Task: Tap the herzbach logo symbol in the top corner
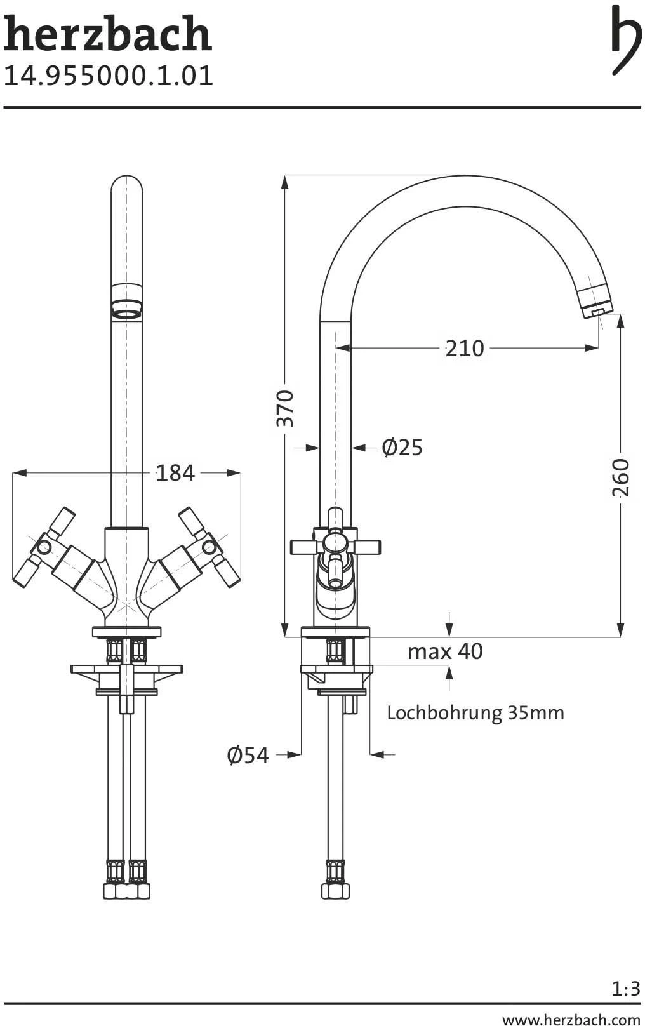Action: click(625, 40)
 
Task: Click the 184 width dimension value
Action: click(175, 473)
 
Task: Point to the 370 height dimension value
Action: click(286, 409)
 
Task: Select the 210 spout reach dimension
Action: click(464, 348)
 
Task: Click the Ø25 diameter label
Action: click(402, 448)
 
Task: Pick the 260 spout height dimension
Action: click(621, 477)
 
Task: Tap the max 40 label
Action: click(445, 651)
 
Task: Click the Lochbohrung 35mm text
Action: click(475, 713)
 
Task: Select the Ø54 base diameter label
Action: click(248, 755)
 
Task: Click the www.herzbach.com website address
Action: click(571, 1019)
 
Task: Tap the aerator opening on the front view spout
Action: click(126, 312)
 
